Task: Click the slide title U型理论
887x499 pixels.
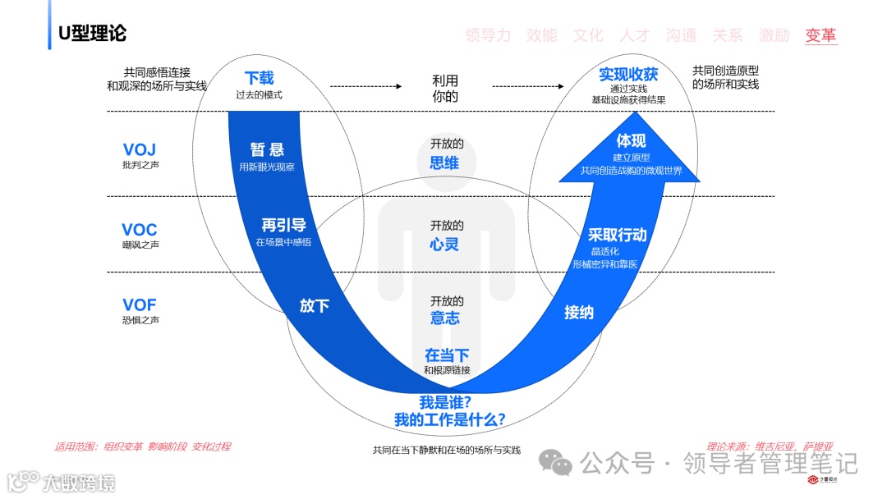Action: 92,34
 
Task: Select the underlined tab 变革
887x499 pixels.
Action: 821,35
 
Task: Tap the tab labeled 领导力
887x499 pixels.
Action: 487,35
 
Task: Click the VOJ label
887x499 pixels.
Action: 140,149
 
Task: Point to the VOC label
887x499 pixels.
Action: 140,230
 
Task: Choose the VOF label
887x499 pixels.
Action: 140,305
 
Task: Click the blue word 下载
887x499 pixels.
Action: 259,78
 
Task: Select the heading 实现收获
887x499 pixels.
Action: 628,75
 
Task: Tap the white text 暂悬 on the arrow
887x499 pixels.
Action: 267,149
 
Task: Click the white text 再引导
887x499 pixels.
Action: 283,225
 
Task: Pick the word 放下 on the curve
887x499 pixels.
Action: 315,306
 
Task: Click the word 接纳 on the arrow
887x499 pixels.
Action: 579,312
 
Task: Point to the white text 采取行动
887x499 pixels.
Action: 618,235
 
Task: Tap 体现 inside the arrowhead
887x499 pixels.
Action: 632,140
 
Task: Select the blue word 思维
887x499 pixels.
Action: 444,163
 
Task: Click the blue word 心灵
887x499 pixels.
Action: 444,244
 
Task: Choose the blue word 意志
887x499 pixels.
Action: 444,318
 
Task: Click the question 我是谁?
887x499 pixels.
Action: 444,402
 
